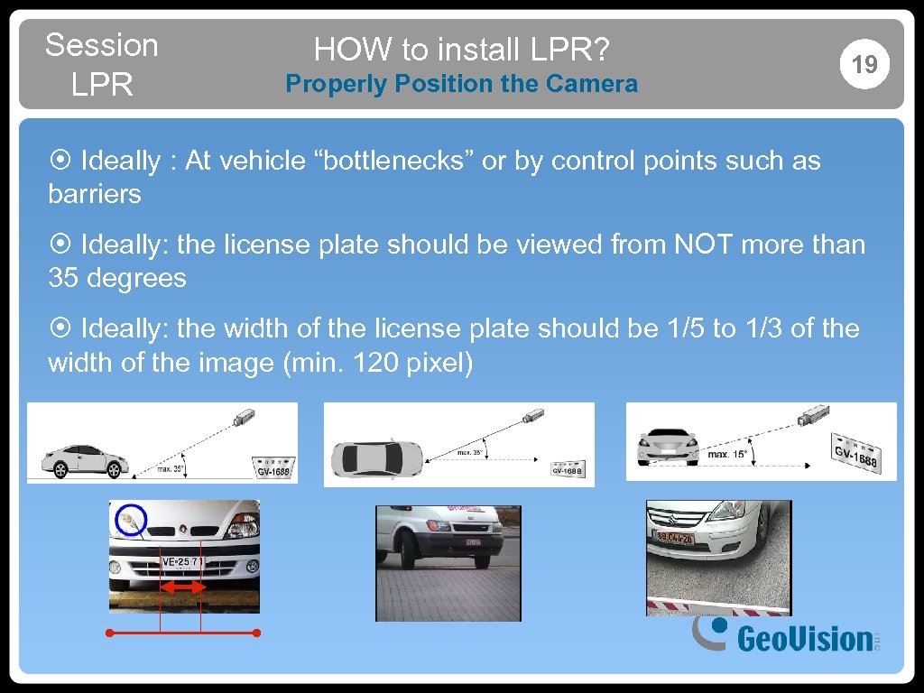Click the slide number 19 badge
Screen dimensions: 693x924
coord(864,64)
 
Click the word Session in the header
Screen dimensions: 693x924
coord(101,44)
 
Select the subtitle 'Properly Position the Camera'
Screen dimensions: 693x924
coord(461,84)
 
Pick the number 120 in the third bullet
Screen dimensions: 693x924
coord(376,364)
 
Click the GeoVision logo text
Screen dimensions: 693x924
coord(804,639)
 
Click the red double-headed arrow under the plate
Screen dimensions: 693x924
coord(181,587)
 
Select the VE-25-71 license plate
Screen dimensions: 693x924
coord(181,562)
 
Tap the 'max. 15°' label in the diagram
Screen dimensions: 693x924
coord(726,454)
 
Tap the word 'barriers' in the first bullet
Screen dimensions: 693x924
coord(95,194)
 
